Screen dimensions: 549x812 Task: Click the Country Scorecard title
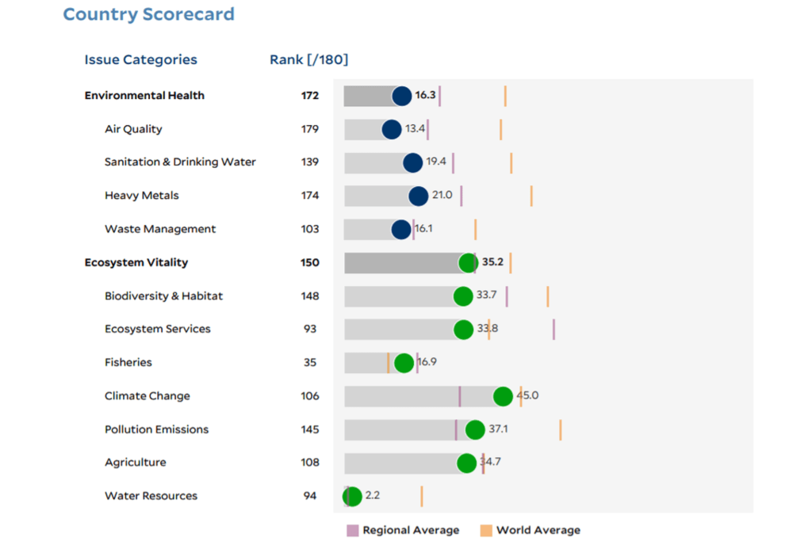[148, 14]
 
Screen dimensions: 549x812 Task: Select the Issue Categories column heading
[140, 59]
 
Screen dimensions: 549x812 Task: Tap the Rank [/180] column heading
[308, 59]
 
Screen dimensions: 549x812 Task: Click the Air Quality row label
[133, 129]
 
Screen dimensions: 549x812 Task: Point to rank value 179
[309, 129]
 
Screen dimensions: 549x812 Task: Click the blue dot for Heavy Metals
[418, 196]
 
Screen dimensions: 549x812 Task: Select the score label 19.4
[436, 162]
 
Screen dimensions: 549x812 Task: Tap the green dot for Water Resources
[352, 497]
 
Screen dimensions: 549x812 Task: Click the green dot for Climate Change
[503, 396]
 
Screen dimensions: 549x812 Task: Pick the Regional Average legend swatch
[353, 530]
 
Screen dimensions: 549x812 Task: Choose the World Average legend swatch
[486, 530]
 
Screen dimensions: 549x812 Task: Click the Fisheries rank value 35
[309, 363]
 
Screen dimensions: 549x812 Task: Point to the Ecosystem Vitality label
[136, 262]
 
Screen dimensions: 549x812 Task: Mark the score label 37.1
[498, 429]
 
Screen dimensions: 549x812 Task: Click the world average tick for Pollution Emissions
[561, 429]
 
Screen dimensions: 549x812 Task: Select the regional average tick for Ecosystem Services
[553, 330]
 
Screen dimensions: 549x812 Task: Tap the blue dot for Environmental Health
[402, 96]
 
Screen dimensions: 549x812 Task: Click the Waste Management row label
[159, 229]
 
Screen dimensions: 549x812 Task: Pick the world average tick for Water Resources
[422, 497]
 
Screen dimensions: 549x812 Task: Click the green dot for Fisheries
[404, 363]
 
